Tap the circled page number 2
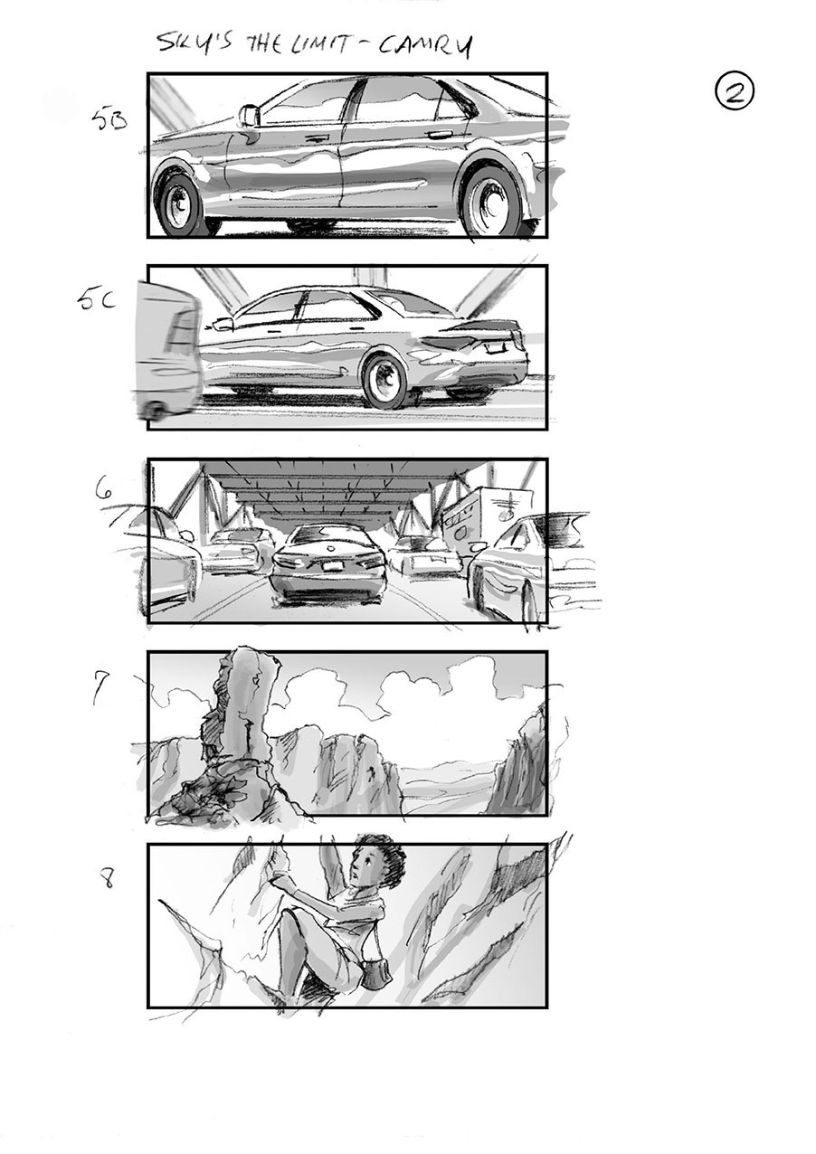tap(735, 92)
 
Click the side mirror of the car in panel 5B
tap(248, 116)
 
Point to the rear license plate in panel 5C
tap(494, 346)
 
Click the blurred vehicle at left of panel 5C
tap(168, 352)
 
